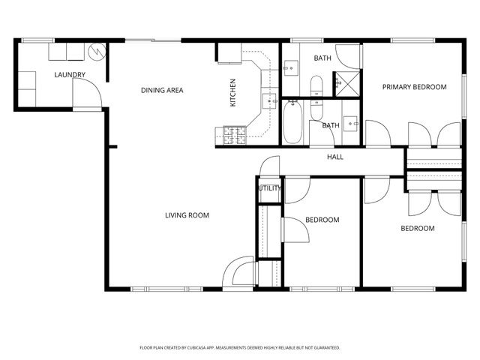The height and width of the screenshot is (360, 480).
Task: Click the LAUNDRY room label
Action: coord(70,74)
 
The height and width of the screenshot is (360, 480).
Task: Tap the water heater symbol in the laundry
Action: coord(96,52)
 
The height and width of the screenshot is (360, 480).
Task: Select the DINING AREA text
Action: coord(162,91)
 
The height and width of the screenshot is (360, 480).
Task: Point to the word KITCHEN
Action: coord(232,93)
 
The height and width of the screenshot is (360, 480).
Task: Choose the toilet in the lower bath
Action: coord(316,110)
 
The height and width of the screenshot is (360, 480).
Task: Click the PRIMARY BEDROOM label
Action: coord(414,87)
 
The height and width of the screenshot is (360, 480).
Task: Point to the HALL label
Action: coord(334,157)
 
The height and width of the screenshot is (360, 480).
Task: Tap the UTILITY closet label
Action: coord(269,188)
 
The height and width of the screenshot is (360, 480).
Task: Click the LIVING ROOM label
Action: coord(187,215)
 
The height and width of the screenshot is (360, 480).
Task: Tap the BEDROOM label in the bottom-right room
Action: coord(417,228)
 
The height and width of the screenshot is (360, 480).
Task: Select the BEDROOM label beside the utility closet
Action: coord(322,220)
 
